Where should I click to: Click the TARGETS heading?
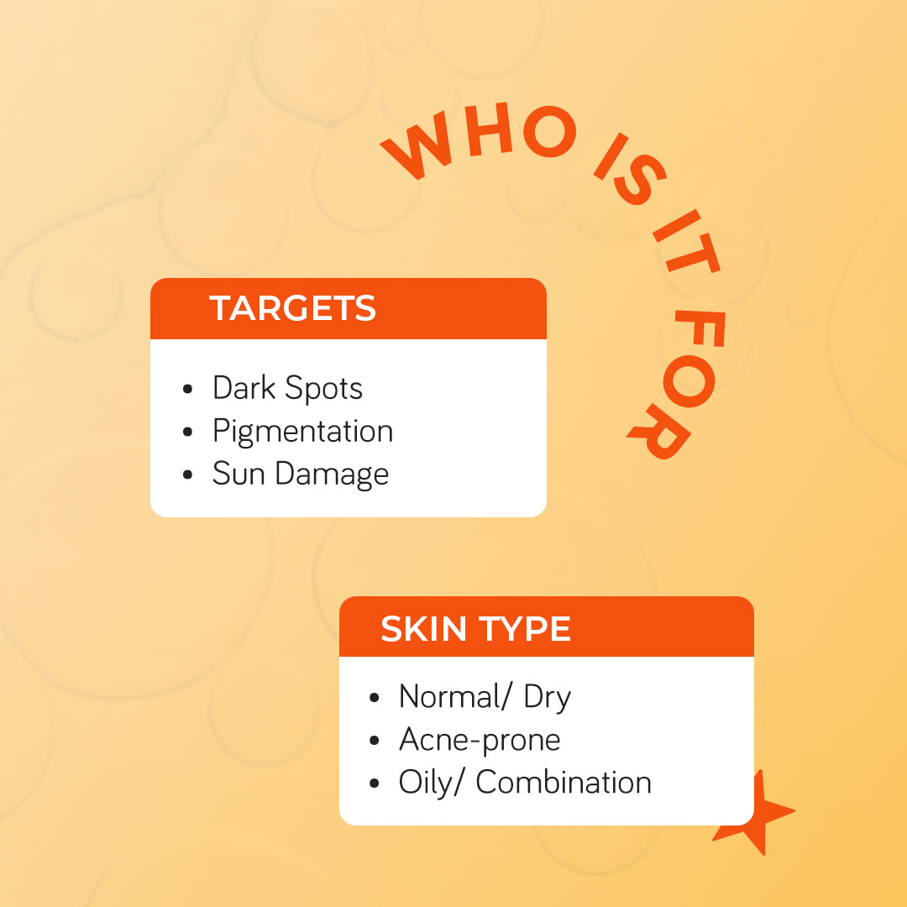coord(292,308)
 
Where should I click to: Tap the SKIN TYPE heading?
coord(475,629)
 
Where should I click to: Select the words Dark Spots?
coord(287,388)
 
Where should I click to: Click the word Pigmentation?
coord(302,431)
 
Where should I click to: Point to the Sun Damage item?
coord(300,474)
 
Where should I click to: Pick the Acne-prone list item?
coord(479,740)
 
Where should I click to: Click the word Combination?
coord(564,783)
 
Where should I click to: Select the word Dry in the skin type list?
coord(547,697)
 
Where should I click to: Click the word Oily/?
coord(432,783)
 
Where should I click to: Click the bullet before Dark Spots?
coord(188,390)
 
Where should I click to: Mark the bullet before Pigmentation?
coord(188,433)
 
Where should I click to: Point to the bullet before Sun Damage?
coord(188,475)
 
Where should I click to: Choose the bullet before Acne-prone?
coord(375,742)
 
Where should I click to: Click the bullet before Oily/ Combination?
coord(375,784)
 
